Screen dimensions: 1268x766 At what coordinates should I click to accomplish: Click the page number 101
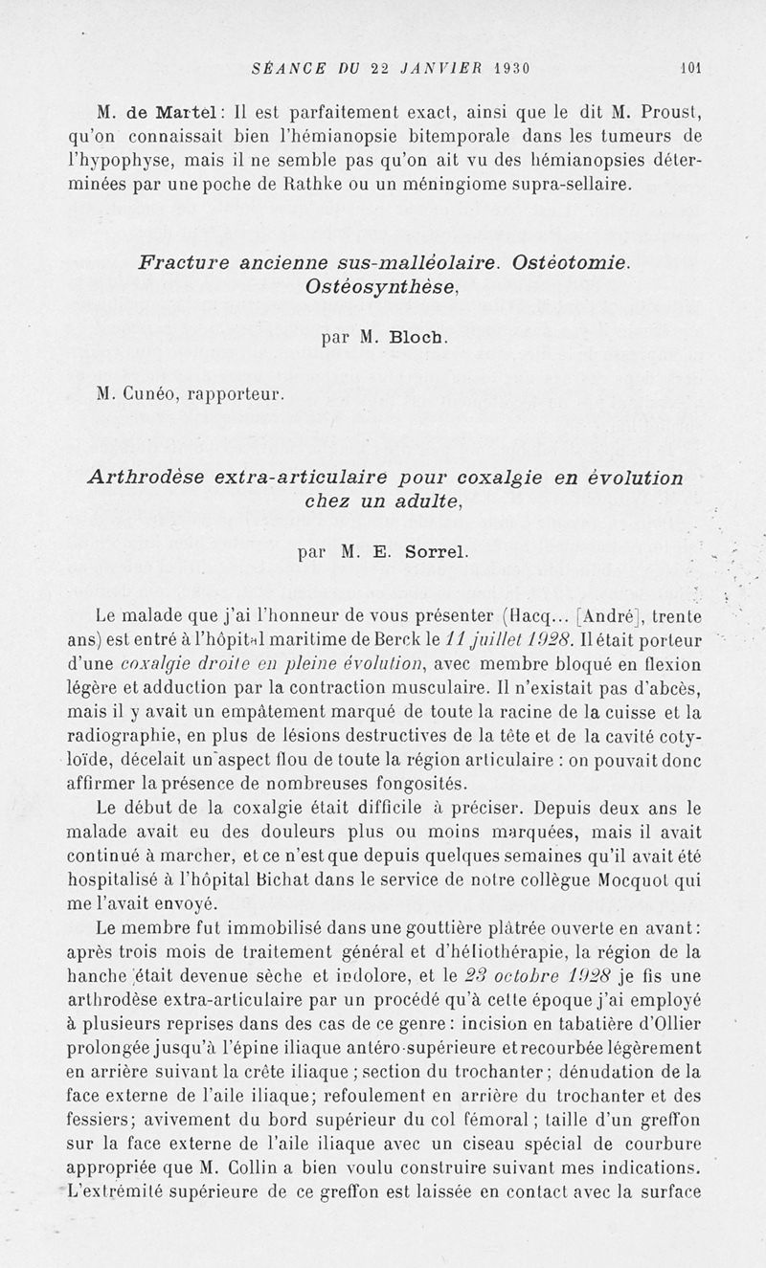pyautogui.click(x=691, y=68)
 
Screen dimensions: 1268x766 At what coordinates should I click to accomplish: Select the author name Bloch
pyautogui.click(x=419, y=337)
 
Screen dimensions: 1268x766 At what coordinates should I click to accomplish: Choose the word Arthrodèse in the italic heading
pyautogui.click(x=149, y=478)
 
